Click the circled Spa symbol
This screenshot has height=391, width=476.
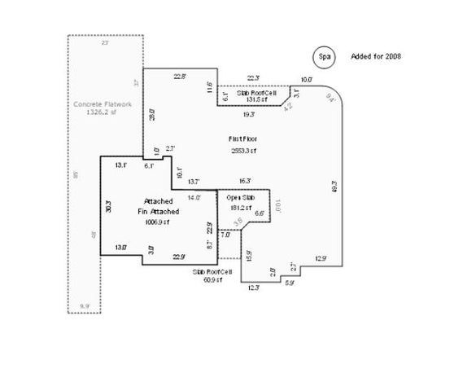click(325, 56)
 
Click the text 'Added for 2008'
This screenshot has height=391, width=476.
click(375, 56)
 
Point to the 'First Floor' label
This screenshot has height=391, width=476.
click(242, 141)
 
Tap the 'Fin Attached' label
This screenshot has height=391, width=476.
click(158, 211)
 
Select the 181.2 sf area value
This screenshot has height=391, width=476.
click(238, 206)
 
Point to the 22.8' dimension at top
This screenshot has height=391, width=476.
click(180, 77)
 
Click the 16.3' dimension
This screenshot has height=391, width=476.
click(244, 181)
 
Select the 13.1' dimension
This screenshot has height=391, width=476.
click(120, 165)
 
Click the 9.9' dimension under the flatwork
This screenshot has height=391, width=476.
click(84, 305)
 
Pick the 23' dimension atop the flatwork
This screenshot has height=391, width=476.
click(104, 42)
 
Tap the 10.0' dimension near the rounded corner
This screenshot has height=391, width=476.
click(307, 80)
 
